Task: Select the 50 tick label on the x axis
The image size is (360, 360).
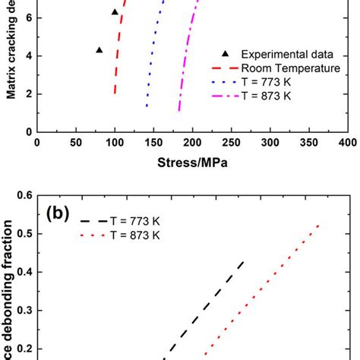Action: click(x=75, y=142)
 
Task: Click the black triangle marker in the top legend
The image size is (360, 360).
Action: click(x=222, y=53)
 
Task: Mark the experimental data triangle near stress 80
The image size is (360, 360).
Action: click(x=99, y=50)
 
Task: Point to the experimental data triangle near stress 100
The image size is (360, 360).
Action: click(x=115, y=12)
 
